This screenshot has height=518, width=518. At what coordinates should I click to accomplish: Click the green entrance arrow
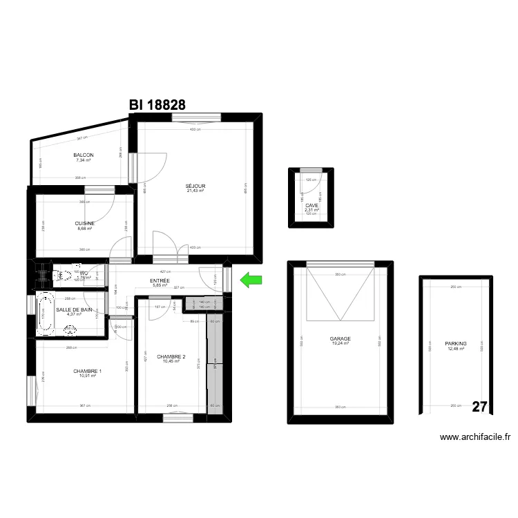point(252,280)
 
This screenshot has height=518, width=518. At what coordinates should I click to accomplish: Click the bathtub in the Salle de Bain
point(46,315)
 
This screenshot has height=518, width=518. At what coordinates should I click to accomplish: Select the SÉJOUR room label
point(195,186)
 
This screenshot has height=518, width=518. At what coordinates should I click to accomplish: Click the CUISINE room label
point(85,224)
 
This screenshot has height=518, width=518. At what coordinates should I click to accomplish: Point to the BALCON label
point(84,155)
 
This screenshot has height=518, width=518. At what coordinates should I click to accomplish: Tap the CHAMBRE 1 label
point(87,372)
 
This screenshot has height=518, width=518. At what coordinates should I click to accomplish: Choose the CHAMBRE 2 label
point(171,357)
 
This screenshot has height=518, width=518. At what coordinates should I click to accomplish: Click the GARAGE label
point(340,338)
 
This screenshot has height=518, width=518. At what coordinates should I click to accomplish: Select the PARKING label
point(456,343)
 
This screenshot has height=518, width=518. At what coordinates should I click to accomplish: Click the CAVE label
point(312,205)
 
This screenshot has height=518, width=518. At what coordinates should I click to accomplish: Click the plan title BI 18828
point(157,104)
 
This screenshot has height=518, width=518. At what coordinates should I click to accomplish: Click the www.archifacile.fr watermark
point(475,437)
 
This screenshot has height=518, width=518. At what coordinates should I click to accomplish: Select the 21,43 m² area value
point(195,191)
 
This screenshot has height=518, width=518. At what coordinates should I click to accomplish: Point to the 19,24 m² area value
point(340,344)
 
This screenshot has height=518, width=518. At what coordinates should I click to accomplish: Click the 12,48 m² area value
point(456,349)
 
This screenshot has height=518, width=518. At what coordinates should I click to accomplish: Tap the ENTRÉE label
point(160,280)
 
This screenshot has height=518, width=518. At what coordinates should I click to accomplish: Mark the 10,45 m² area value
point(171,363)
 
